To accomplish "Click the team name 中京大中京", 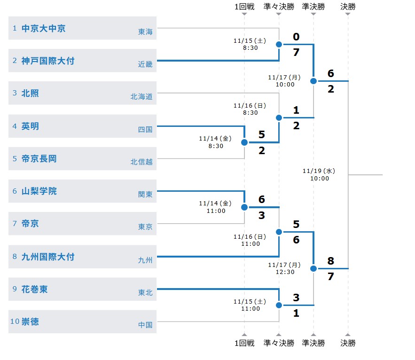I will click(43, 28).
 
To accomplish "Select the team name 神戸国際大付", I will click(48, 61).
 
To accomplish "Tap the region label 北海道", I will click(141, 96).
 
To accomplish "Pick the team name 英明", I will click(30, 126).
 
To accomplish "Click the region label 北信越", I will click(141, 162).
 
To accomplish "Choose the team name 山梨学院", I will click(39, 191).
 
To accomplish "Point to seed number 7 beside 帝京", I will click(15, 224).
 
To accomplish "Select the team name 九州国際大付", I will click(48, 257).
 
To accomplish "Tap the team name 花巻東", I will click(34, 289).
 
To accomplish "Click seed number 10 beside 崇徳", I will click(15, 321).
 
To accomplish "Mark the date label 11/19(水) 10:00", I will click(319, 174).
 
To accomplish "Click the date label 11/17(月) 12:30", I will click(285, 268).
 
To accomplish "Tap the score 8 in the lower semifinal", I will click(331, 261).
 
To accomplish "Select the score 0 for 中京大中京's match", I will click(296, 37).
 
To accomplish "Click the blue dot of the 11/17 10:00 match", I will click(313, 81).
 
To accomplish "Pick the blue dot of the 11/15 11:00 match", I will click(279, 305).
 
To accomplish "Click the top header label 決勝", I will click(348, 7).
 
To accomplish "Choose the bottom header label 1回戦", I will click(244, 344).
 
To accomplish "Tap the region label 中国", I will click(145, 324).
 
